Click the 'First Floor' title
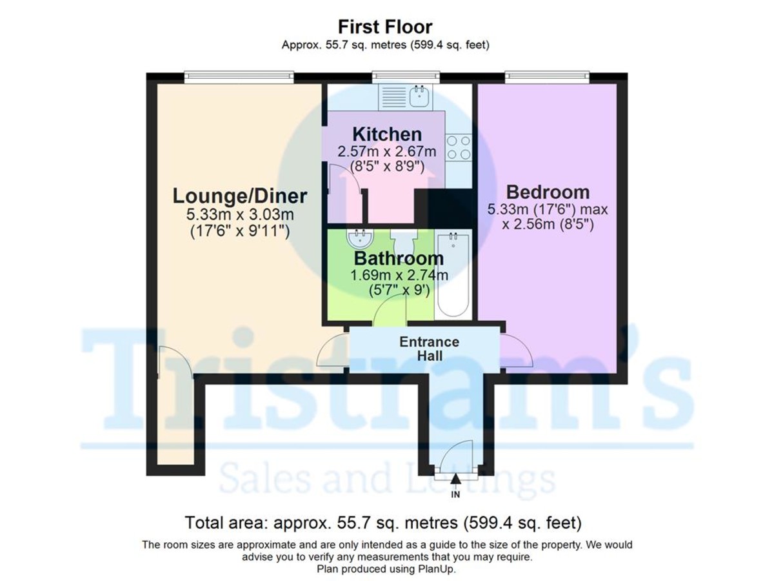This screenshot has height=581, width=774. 385,27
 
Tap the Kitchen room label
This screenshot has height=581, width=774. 387,135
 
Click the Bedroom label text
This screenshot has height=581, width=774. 548,192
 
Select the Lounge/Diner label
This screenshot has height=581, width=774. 239,196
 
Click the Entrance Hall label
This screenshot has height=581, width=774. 429,349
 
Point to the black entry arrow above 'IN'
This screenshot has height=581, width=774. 456,479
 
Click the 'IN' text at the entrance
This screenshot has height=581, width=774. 455,495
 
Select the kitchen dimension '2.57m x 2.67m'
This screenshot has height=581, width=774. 387,152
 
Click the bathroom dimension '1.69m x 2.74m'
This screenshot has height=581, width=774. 399,276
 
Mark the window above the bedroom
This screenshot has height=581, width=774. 547,77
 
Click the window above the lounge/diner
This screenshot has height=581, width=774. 239,77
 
